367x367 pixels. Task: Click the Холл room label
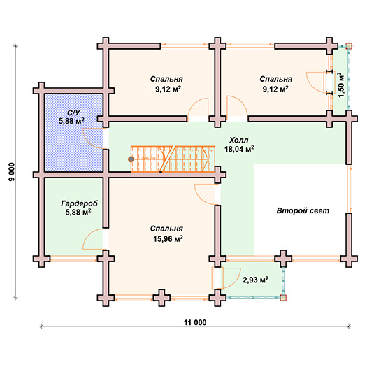tap(238, 141)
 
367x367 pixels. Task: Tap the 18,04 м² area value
tap(239, 149)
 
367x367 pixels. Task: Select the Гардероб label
tap(79, 203)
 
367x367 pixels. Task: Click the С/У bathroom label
tap(73, 113)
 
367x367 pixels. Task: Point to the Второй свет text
tap(303, 210)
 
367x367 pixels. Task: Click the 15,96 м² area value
tap(168, 239)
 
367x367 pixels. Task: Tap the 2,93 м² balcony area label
tap(255, 280)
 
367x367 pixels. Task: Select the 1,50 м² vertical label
tap(341, 85)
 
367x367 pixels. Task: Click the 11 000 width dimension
tap(195, 322)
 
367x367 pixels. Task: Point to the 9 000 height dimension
tap(11, 172)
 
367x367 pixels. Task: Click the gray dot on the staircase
tap(131, 159)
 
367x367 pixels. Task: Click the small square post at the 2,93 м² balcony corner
tap(283, 298)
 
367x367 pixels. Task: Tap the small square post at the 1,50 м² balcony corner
tap(349, 46)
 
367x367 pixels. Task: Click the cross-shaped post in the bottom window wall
tap(161, 298)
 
